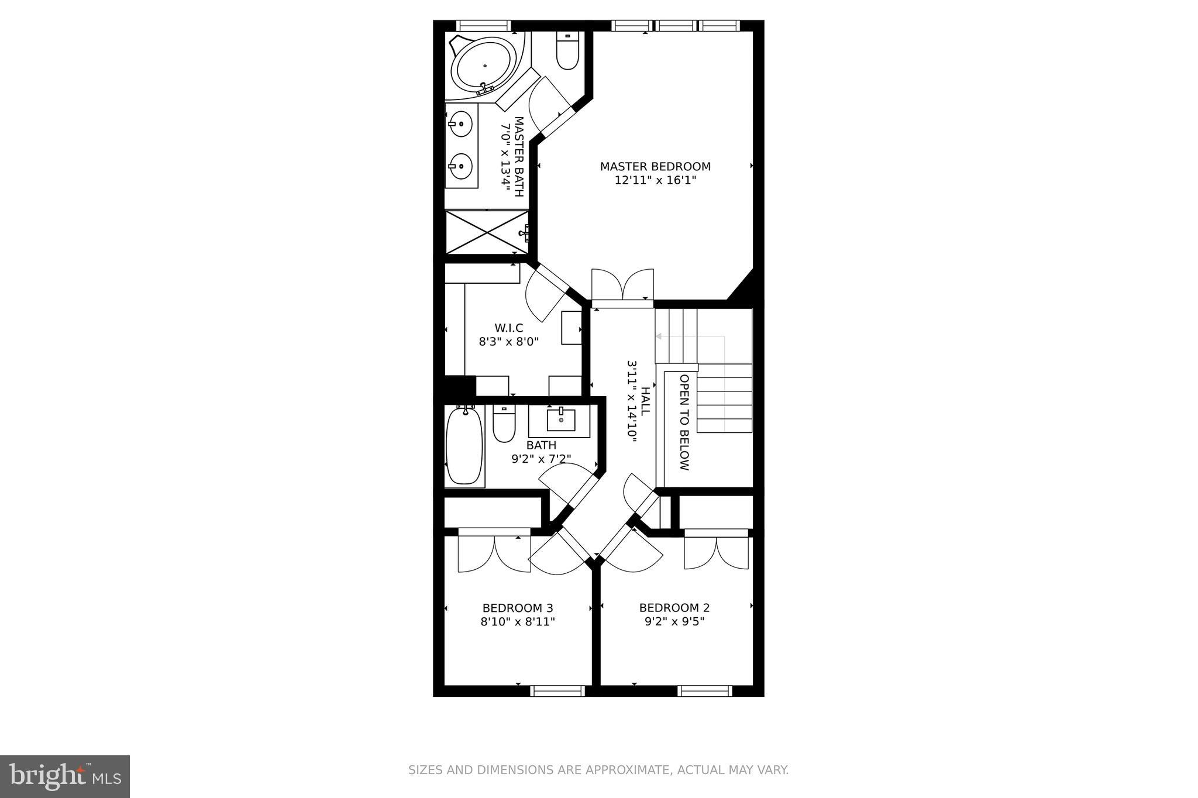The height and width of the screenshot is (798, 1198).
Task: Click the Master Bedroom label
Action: tap(655, 167)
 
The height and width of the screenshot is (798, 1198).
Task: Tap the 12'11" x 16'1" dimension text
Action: tap(655, 181)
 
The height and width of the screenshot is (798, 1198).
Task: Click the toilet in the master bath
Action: tap(567, 52)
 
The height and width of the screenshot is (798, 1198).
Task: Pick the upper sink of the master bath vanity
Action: tap(462, 124)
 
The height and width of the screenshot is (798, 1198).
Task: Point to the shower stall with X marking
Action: tap(487, 232)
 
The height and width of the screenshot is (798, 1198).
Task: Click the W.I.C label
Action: tap(508, 328)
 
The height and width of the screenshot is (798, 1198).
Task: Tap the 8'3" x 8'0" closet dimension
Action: tap(508, 342)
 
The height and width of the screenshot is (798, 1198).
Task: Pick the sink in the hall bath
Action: tap(560, 419)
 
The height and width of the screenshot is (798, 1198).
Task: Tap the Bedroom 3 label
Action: tap(518, 608)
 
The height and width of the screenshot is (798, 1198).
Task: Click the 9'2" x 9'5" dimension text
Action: tap(674, 621)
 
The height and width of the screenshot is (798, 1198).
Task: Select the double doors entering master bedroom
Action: tap(622, 287)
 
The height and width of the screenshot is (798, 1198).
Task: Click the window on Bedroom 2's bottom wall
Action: tap(704, 691)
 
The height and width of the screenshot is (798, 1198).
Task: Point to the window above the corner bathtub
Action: tap(483, 26)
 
